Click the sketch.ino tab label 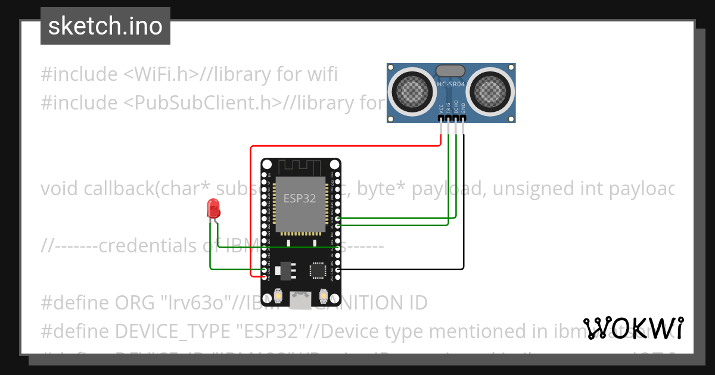click(105, 26)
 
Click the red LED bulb click(213, 208)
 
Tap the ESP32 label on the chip click(300, 198)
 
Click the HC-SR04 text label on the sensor click(451, 85)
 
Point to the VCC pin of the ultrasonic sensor click(441, 119)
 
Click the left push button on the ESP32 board click(278, 295)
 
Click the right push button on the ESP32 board click(324, 295)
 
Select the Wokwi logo click(633, 328)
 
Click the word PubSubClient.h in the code click(203, 103)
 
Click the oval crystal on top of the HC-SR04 click(451, 71)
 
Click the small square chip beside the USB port click(318, 271)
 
